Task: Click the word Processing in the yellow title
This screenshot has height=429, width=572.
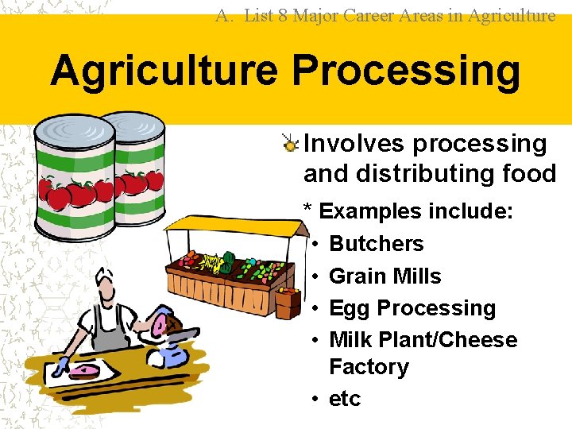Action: [406, 71]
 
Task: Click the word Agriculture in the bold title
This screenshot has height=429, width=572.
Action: [164, 70]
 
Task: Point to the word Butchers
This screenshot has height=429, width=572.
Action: [376, 244]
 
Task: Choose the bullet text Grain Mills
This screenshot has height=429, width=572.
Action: [385, 276]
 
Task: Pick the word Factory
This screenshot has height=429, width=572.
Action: [369, 367]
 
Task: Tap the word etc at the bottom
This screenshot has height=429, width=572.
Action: [345, 398]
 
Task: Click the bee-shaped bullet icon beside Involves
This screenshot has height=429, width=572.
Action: [292, 144]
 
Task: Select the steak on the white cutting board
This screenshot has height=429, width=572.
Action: [83, 371]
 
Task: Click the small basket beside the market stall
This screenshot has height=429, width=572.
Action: [287, 306]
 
